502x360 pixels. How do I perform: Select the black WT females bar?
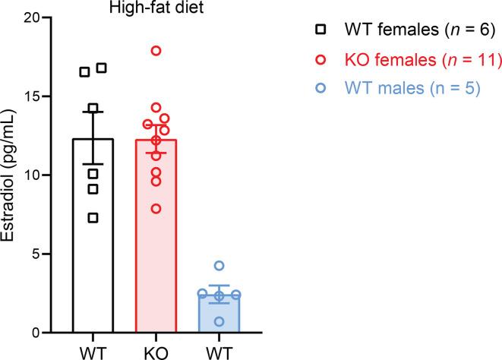pyautogui.click(x=93, y=251)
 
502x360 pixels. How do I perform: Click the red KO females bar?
pyautogui.click(x=156, y=251)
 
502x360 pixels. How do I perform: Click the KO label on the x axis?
pyautogui.click(x=156, y=351)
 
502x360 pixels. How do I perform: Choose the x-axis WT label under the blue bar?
pyautogui.click(x=219, y=351)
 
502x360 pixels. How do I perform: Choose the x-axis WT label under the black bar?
pyautogui.click(x=93, y=351)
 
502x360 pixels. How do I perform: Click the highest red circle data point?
pyautogui.click(x=156, y=51)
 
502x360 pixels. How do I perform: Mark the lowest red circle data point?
pyautogui.click(x=156, y=208)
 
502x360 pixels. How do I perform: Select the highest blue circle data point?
pyautogui.click(x=219, y=266)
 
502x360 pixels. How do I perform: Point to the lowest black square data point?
pyautogui.click(x=93, y=218)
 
